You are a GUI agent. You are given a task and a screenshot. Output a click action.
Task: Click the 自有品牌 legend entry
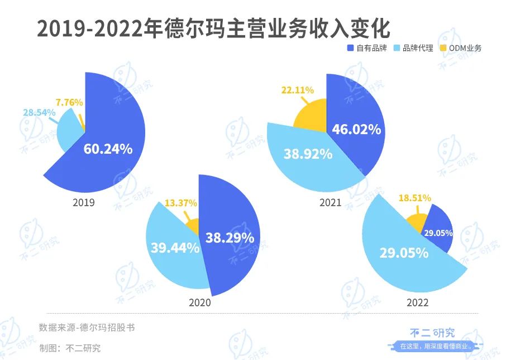point(367,48)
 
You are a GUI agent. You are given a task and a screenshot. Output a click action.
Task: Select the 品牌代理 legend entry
point(413,48)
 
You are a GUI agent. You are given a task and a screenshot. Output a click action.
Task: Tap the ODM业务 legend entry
point(461,48)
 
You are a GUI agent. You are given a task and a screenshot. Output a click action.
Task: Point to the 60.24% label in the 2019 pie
point(108,149)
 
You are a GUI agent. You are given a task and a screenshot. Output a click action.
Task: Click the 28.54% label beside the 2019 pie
point(39,113)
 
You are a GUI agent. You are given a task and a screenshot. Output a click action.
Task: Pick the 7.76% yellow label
point(69,102)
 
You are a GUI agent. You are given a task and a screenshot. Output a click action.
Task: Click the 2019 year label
point(84,202)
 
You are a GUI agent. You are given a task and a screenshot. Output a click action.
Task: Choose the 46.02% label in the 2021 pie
point(356,130)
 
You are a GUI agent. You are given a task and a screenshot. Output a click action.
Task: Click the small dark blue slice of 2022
point(442,224)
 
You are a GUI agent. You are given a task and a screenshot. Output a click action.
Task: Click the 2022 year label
point(417,302)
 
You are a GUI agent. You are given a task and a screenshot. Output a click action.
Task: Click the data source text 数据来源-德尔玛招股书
point(87,328)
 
